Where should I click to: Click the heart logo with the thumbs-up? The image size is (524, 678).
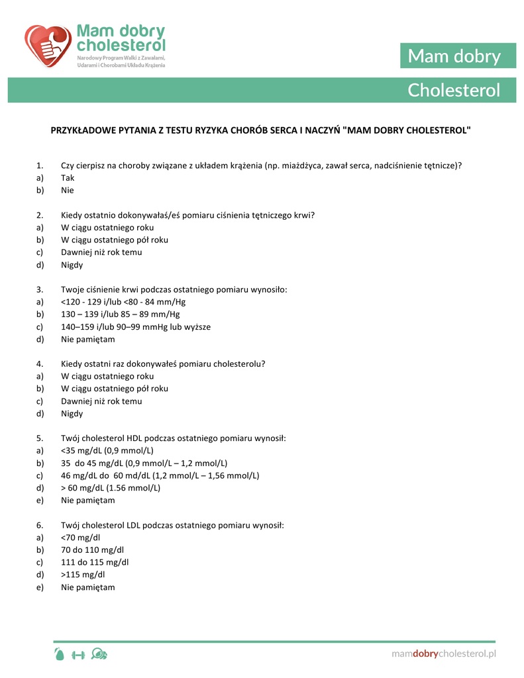point(47,46)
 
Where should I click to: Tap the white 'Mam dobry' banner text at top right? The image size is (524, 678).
point(454,56)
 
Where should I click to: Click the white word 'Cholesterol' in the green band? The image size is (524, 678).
point(454,90)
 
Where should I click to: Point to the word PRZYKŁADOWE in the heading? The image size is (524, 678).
point(82,130)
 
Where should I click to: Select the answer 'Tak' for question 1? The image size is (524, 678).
point(68,178)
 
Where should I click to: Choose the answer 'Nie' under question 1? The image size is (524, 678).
point(68,191)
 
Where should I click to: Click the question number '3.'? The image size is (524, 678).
point(40,289)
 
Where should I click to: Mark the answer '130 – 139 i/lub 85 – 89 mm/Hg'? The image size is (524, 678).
point(120,315)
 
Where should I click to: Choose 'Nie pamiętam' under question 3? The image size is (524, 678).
point(87,340)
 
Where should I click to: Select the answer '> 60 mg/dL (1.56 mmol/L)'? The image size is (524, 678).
point(111,488)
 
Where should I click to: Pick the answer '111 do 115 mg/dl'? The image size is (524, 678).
point(95,562)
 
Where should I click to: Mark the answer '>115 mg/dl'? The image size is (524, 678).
point(83,575)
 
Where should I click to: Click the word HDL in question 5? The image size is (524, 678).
point(134,438)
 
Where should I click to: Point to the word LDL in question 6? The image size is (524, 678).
point(133,525)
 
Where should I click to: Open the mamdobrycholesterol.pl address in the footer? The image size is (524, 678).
point(443,654)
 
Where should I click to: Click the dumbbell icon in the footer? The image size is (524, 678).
point(78,655)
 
